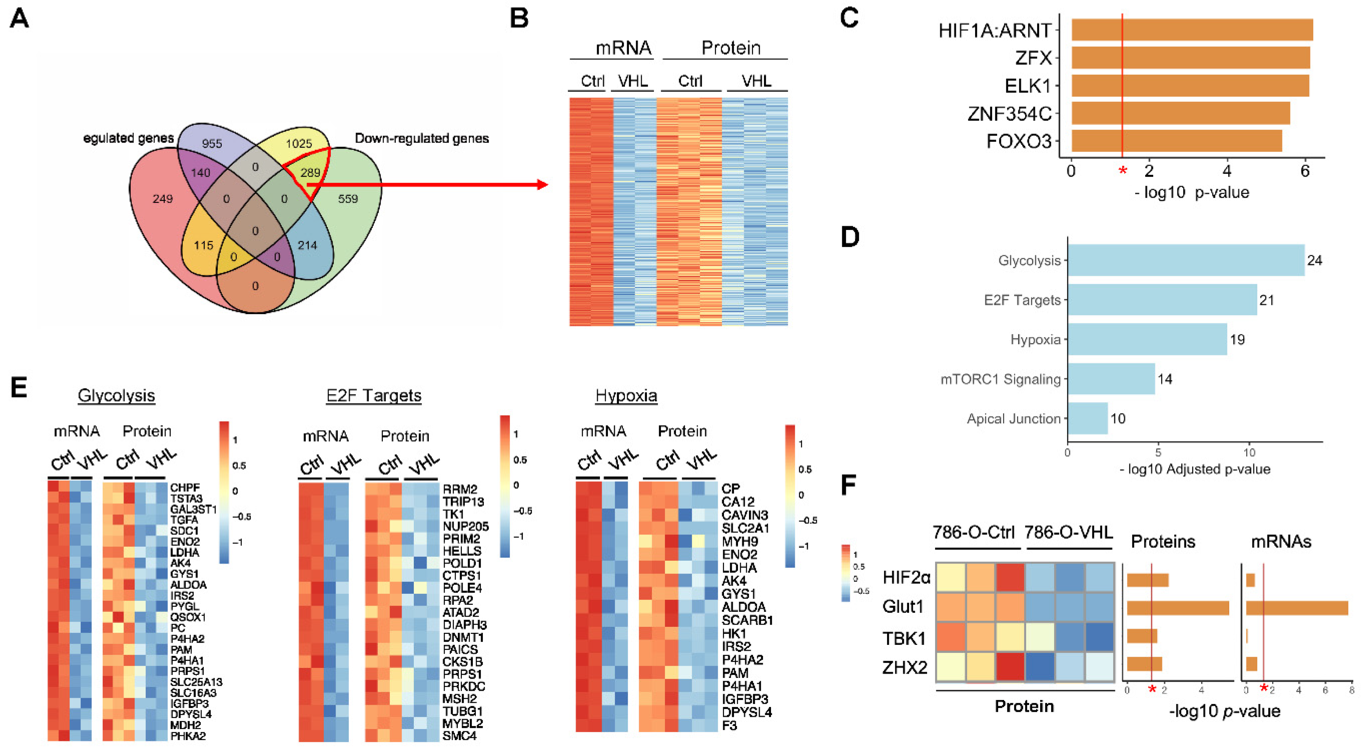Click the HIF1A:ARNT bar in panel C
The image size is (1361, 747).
pyautogui.click(x=1191, y=30)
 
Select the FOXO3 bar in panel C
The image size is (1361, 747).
pyautogui.click(x=1176, y=141)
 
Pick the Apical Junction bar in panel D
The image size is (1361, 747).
pyautogui.click(x=1087, y=418)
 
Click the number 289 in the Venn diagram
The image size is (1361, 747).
pyautogui.click(x=310, y=172)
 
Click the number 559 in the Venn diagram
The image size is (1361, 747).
pyautogui.click(x=348, y=199)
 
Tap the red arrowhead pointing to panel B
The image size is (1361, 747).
pyautogui.click(x=542, y=184)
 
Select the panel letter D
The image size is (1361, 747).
pyautogui.click(x=850, y=237)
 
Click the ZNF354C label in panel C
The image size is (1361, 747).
pyautogui.click(x=1009, y=114)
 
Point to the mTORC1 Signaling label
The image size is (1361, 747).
pyautogui.click(x=1000, y=379)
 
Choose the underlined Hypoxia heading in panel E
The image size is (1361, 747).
pyautogui.click(x=626, y=395)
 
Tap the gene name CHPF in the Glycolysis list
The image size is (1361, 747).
pyautogui.click(x=184, y=488)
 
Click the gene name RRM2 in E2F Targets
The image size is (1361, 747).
pyautogui.click(x=460, y=489)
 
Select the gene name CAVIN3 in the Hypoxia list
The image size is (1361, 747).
pyautogui.click(x=745, y=515)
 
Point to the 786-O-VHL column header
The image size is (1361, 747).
pyautogui.click(x=1068, y=532)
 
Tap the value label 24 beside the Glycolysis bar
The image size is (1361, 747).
pyautogui.click(x=1314, y=260)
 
